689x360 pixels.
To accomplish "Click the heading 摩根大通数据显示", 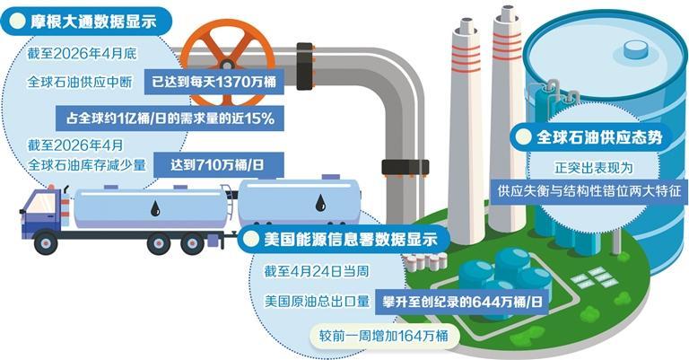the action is click(93, 22).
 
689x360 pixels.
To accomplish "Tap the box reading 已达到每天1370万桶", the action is click(214, 82).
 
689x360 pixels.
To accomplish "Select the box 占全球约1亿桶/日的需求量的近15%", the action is click(170, 118).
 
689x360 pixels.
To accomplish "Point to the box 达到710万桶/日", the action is click(217, 165).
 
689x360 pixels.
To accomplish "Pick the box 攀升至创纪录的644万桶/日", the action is click(462, 302).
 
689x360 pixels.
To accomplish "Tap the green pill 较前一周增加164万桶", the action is click(384, 337).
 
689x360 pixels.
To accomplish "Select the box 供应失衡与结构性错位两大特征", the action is click(589, 191).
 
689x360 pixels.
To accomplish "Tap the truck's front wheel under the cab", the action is click(46, 243).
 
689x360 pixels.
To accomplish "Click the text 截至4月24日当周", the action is click(317, 271).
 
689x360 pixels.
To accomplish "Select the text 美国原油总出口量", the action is click(317, 302).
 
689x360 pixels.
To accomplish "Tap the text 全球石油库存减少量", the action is click(86, 165).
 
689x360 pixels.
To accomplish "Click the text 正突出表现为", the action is click(593, 168).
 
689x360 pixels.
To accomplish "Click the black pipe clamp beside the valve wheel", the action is click(304, 66).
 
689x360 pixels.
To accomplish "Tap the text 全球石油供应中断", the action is click(80, 82).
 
